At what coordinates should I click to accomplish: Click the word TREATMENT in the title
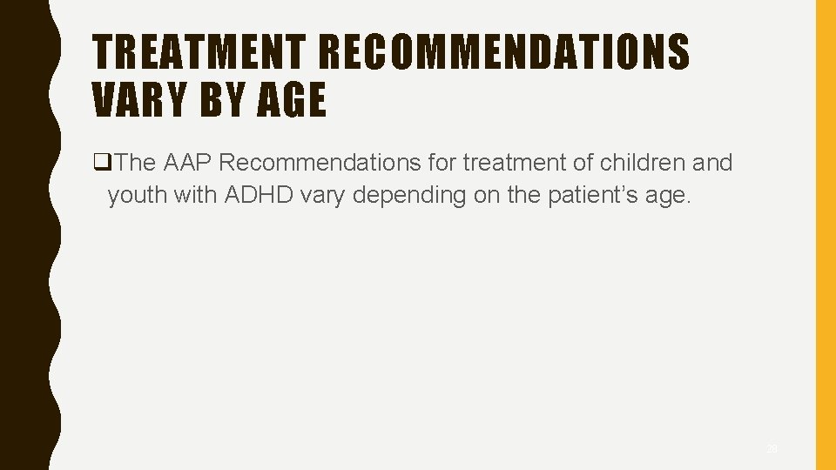(202, 52)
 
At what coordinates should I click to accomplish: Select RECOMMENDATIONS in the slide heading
(504, 52)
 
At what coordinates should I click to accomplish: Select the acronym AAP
(185, 163)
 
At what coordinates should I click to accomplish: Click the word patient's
(590, 195)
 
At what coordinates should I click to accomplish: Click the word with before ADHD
(196, 195)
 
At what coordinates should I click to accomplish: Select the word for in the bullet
(442, 163)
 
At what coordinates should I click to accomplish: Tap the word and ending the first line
(712, 163)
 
